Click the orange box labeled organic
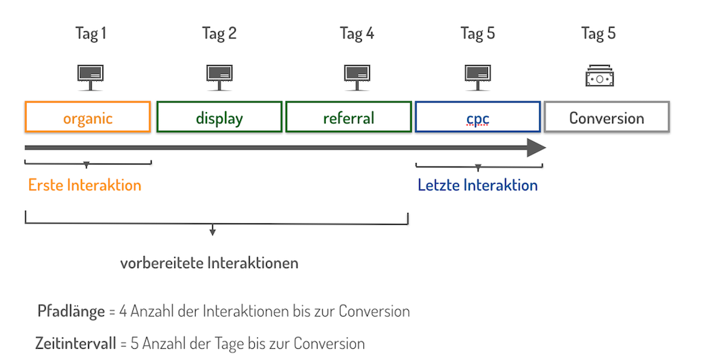(x=88, y=117)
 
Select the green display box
(x=219, y=117)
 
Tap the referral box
(x=348, y=117)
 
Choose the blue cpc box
(x=478, y=117)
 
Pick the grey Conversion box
(x=606, y=117)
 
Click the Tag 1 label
(x=90, y=34)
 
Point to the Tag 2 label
(x=219, y=34)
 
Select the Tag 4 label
(x=356, y=34)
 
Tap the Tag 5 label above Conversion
(x=598, y=34)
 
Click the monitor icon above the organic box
(x=90, y=75)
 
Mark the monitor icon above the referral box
(x=356, y=75)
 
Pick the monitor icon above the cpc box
(x=478, y=75)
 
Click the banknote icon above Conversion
(x=599, y=76)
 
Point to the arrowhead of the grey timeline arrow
(x=537, y=148)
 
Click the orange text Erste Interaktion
(x=84, y=185)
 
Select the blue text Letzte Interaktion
(x=478, y=185)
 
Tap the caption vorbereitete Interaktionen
(x=209, y=263)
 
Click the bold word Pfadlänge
(x=71, y=311)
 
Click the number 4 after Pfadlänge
(x=123, y=311)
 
